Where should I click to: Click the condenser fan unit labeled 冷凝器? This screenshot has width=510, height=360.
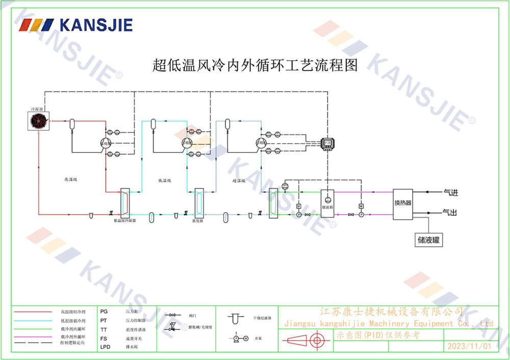tap(39, 120)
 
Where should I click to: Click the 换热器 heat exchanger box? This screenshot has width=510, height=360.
tap(402, 203)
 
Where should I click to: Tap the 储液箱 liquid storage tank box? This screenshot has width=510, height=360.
tap(327, 203)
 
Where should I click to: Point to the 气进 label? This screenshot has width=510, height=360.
tap(451, 193)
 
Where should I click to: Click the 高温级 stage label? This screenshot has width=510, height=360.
tap(70, 179)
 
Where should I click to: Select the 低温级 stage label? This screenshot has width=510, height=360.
tap(164, 180)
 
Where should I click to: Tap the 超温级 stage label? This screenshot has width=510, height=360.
tap(239, 180)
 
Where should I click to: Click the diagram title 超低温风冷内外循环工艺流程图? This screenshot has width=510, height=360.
tap(255, 65)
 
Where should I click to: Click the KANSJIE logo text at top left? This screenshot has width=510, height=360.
tap(96, 25)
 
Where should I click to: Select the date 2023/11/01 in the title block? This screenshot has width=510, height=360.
tap(469, 346)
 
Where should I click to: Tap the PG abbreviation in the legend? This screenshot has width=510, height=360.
tap(104, 311)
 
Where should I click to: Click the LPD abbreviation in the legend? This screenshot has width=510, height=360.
tap(105, 347)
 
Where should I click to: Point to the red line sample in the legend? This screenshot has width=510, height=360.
tap(33, 311)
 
